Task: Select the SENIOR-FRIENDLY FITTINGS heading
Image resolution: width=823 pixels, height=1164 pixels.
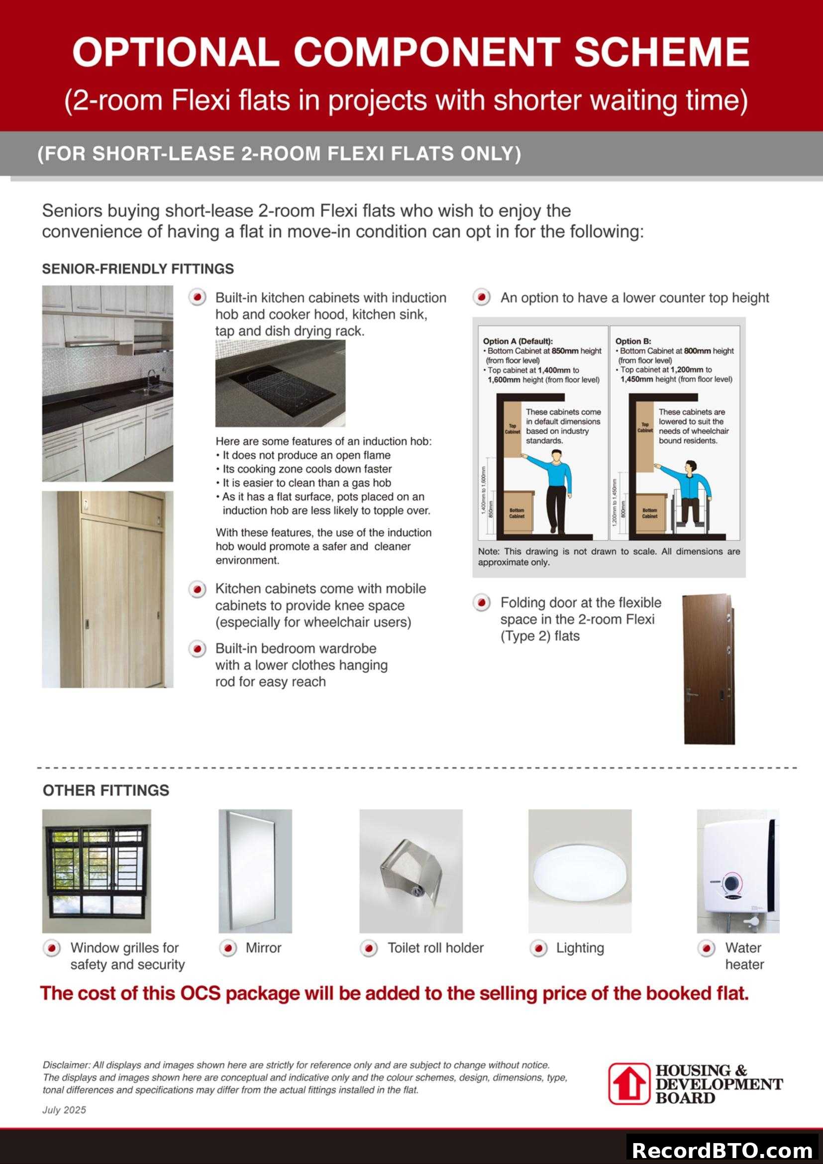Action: click(x=138, y=269)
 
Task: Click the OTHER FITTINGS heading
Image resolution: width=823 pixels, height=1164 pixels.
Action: click(x=106, y=790)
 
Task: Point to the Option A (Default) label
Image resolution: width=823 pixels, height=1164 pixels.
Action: click(x=517, y=341)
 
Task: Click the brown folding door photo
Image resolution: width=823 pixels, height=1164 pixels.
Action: click(x=708, y=669)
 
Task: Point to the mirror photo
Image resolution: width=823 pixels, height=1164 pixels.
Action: click(x=255, y=871)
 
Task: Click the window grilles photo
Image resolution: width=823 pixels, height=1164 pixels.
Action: click(x=97, y=871)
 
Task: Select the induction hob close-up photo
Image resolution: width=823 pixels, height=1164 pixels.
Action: click(x=280, y=383)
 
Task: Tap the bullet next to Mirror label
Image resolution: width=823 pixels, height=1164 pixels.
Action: click(x=228, y=948)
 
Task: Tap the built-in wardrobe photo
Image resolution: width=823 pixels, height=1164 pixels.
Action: click(x=107, y=589)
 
